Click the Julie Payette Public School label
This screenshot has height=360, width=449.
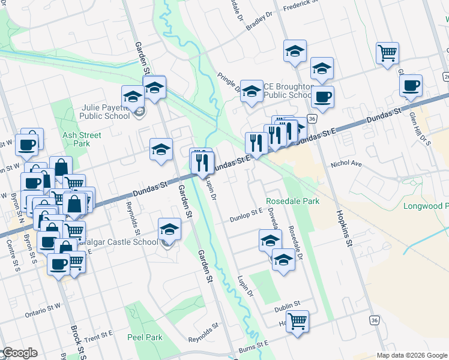[x=106, y=112]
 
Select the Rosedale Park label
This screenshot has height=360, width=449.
[x=293, y=202]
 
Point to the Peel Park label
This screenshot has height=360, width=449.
[x=145, y=337]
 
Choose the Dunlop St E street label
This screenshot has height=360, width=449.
[x=247, y=214]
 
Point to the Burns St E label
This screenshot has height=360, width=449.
[x=253, y=346]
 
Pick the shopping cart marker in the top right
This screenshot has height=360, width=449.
[x=387, y=53]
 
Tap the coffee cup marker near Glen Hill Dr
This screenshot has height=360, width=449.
[x=411, y=85]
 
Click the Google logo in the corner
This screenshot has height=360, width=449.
[x=20, y=353]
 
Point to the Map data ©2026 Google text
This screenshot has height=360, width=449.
[x=412, y=355]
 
